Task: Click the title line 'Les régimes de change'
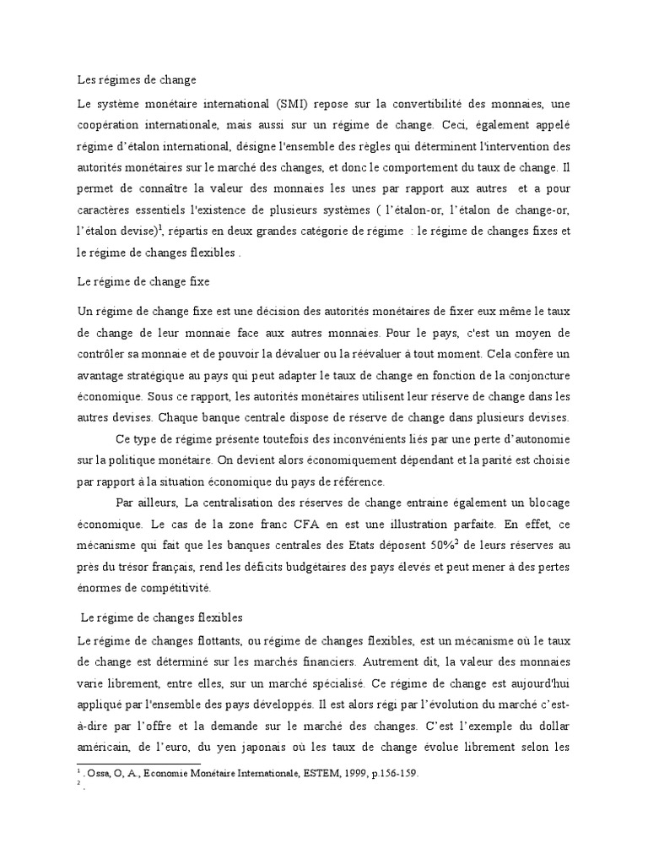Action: tap(136, 80)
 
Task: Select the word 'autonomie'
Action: tap(541, 439)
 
